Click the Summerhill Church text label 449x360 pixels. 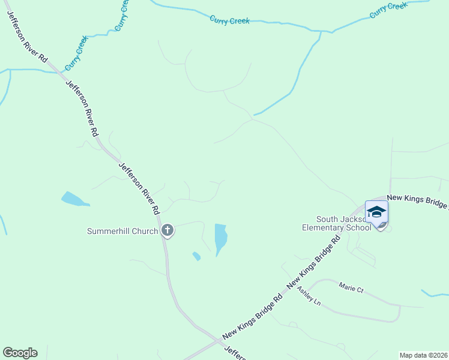[122, 231]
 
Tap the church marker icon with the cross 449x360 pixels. [167, 230]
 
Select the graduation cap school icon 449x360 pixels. [376, 212]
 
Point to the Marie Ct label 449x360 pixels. [351, 289]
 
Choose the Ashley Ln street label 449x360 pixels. [309, 295]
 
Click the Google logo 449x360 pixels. [20, 353]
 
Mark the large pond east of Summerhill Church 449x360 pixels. [221, 237]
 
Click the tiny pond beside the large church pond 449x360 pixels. [196, 256]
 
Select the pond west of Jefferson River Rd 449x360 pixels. [73, 199]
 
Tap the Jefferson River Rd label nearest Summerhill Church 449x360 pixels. [139, 188]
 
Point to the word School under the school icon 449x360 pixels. [359, 227]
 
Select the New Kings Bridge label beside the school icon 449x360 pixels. [417, 201]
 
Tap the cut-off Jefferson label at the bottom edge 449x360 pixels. [235, 353]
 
